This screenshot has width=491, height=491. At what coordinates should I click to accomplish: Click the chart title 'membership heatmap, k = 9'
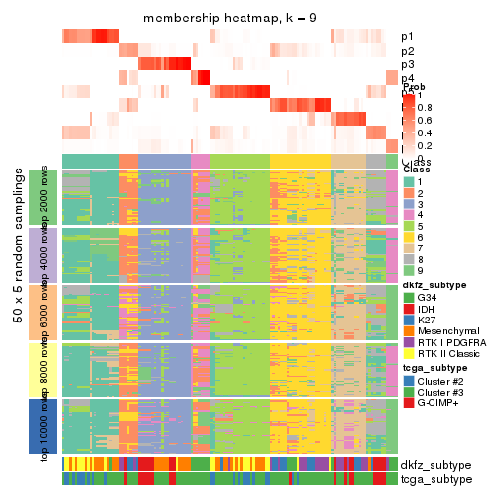pyautogui.click(x=230, y=19)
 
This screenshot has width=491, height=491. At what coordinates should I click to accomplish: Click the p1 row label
pyautogui.click(x=407, y=37)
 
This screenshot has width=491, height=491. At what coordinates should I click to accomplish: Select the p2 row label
pyautogui.click(x=407, y=51)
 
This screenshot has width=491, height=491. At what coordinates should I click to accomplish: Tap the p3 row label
pyautogui.click(x=407, y=64)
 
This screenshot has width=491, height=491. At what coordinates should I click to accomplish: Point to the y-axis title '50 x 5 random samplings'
pyautogui.click(x=18, y=312)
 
